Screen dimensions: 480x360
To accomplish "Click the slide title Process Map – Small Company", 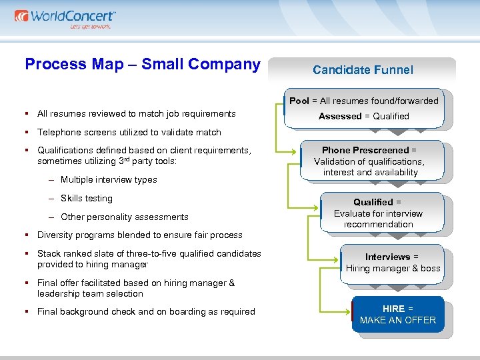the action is click(x=142, y=64).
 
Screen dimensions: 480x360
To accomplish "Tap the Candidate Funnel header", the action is click(x=363, y=69).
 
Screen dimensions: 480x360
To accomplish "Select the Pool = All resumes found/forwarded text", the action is click(x=364, y=101).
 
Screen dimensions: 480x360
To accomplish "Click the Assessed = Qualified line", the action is click(x=364, y=116).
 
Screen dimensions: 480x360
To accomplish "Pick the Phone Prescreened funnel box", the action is click(x=369, y=161).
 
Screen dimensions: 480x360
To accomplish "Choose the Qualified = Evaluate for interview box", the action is click(x=378, y=213).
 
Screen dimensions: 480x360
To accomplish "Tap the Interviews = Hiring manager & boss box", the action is click(x=393, y=262).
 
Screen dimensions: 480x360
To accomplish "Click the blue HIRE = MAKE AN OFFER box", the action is click(x=397, y=315).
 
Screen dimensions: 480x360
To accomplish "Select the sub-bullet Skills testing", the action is click(x=87, y=198).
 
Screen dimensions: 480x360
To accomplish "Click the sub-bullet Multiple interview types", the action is click(x=109, y=179).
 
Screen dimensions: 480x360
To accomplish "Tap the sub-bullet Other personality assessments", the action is click(x=124, y=217).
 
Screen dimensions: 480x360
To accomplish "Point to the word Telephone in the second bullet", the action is click(x=58, y=132).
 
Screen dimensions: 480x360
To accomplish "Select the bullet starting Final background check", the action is click(x=146, y=311).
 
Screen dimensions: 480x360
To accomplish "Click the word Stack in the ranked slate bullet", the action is click(x=49, y=253).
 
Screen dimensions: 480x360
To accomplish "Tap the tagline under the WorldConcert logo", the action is click(x=90, y=27).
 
